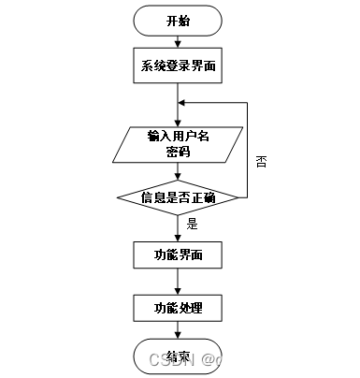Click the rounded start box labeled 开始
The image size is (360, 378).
(178, 21)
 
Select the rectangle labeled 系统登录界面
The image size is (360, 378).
(178, 65)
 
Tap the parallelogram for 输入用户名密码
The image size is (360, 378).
(178, 144)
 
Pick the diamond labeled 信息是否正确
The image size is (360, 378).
(178, 198)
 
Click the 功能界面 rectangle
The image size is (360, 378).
(178, 254)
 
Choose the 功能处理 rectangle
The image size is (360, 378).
(178, 308)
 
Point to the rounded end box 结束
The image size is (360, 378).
(178, 356)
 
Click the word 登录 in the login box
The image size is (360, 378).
(178, 66)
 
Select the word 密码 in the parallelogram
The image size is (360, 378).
(178, 152)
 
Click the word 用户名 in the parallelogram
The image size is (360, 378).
(190, 137)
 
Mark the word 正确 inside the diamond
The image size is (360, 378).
(204, 198)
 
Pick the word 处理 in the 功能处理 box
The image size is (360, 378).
(190, 308)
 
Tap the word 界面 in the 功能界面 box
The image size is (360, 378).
(190, 254)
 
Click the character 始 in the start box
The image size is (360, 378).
(184, 21)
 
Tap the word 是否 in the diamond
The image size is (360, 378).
(178, 198)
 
